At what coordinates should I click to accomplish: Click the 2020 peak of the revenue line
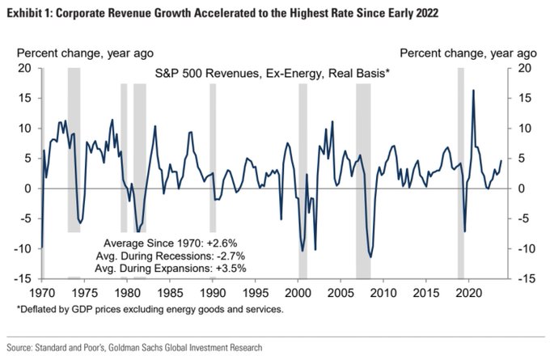[473, 90]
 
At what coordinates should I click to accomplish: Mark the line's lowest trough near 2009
[370, 257]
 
